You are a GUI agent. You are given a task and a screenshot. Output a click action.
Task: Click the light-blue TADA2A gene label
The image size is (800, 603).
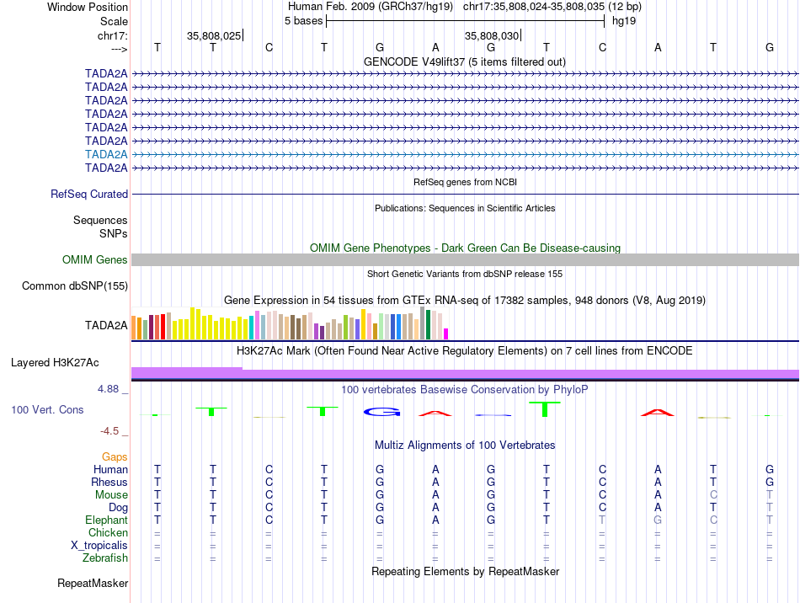coord(106,154)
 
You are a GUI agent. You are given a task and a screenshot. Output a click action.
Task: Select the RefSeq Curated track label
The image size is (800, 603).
coord(89,194)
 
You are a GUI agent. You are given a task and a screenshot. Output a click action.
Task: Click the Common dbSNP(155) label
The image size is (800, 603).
coord(75,286)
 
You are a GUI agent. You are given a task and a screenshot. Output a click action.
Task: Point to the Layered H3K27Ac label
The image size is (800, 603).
coord(55,363)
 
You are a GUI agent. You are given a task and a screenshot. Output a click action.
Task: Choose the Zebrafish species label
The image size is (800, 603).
coord(105,558)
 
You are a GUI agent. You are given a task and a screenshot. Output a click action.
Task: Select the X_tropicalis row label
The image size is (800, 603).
coord(99,546)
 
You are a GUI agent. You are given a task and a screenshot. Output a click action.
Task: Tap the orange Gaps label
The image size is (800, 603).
coord(115,456)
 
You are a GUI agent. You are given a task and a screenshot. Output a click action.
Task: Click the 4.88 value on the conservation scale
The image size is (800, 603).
coord(109,389)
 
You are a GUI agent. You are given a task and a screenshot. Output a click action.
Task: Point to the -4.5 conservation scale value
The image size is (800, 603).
coord(110,431)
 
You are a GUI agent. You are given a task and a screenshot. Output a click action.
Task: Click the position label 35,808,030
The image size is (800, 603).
coord(492,35)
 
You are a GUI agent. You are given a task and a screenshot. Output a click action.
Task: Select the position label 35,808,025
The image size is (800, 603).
coord(214,35)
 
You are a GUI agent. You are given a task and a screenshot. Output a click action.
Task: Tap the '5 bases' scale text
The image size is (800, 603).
coord(303,20)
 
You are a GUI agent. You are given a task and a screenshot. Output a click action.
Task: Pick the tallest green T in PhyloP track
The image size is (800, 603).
coord(546,408)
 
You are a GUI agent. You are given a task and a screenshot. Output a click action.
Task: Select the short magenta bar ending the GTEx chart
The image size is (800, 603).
coord(446,334)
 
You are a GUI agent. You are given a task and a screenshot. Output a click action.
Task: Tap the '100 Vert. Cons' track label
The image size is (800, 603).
coord(47,409)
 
